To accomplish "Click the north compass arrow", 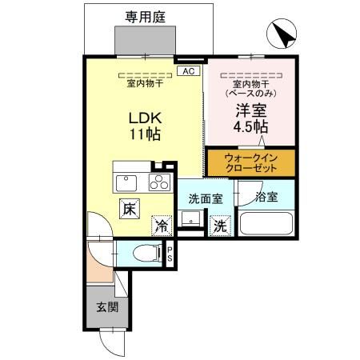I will (x=282, y=34).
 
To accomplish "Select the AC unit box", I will (x=189, y=71).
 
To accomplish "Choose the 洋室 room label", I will (x=250, y=110).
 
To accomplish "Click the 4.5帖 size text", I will (x=250, y=127).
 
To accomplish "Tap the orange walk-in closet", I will (x=251, y=162).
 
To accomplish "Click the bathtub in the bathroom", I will (x=266, y=224).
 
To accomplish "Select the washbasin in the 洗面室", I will (x=191, y=218).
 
